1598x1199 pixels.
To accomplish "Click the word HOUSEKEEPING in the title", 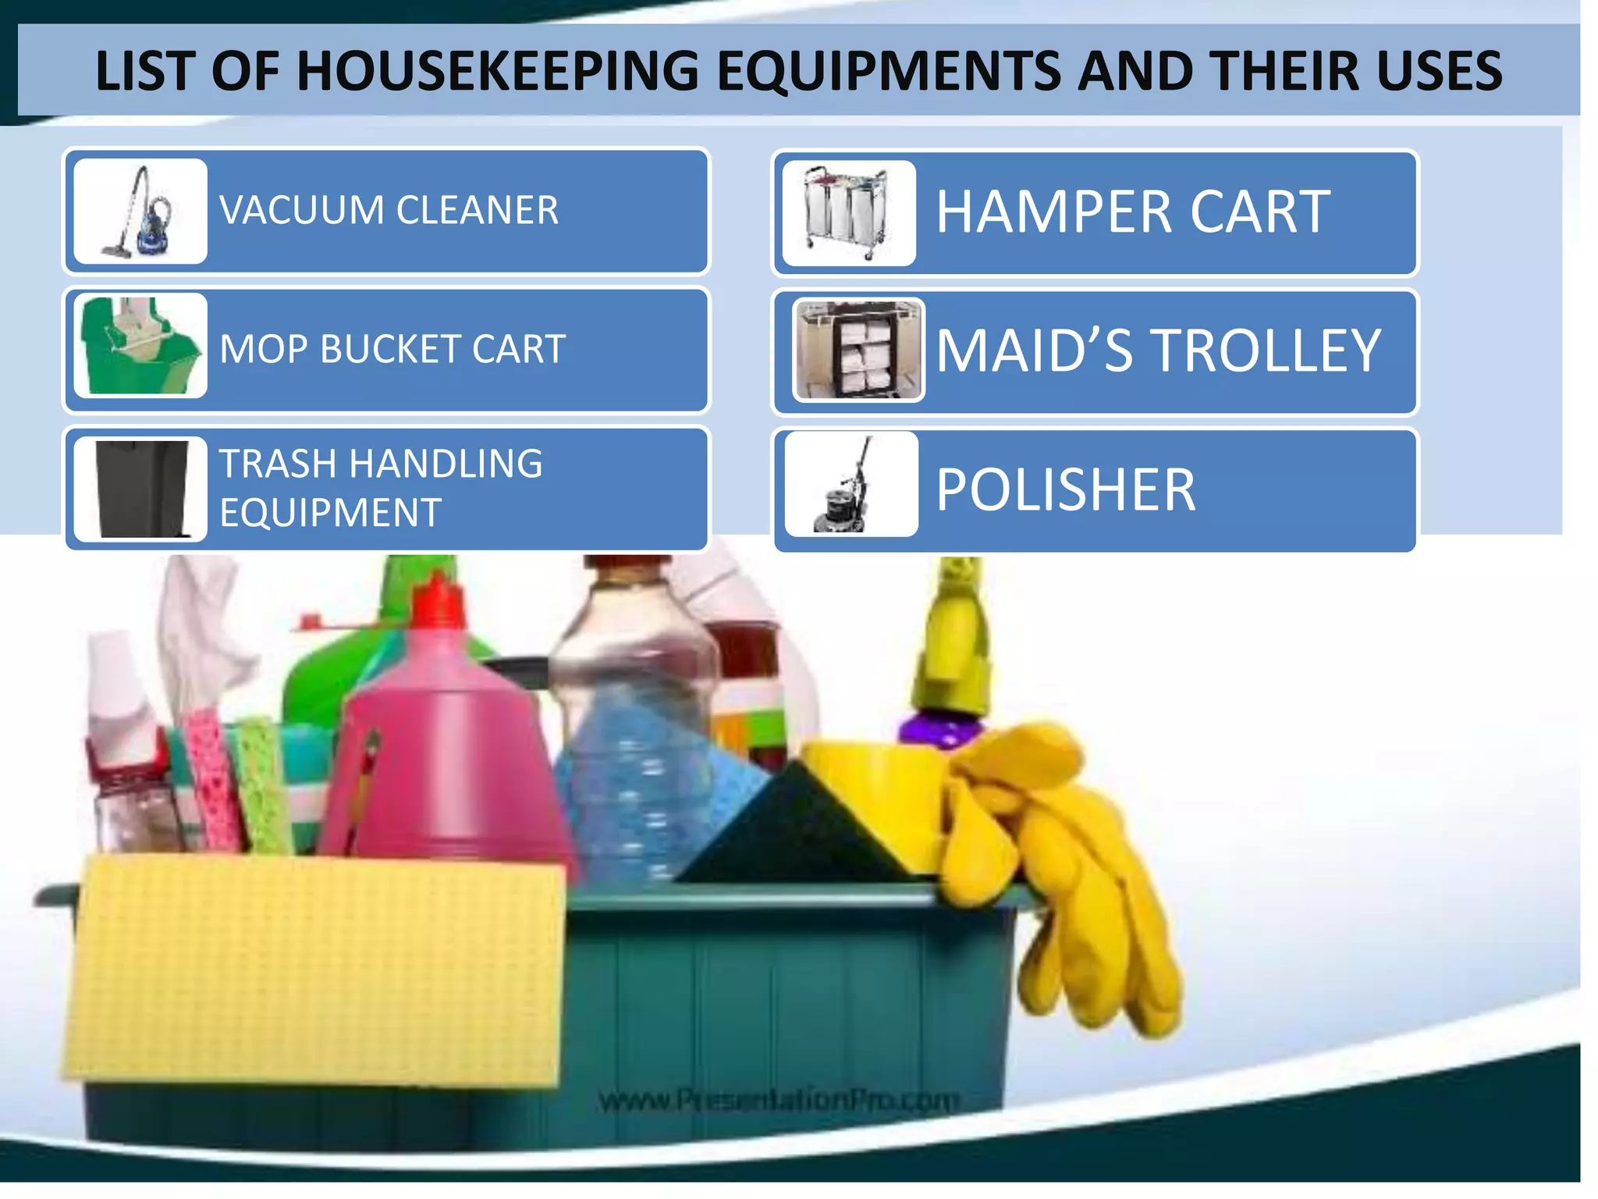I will click(497, 71).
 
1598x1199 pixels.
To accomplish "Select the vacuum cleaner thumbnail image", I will click(140, 212).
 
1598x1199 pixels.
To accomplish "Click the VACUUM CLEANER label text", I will click(389, 211).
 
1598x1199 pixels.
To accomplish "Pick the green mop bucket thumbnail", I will click(140, 346).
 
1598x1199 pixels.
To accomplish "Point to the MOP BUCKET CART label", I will click(392, 349).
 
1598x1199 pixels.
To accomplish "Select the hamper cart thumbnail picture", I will click(848, 213).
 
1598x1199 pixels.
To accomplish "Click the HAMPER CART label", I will click(1132, 212).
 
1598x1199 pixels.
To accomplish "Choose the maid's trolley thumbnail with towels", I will click(858, 350).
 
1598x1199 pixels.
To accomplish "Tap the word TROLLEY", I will click(1266, 350).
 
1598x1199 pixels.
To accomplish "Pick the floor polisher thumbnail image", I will click(850, 485).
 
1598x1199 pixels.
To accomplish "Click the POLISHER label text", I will click(1065, 490).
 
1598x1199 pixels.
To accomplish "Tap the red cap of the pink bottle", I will click(439, 601).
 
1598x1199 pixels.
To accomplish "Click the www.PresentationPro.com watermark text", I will click(779, 1100).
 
